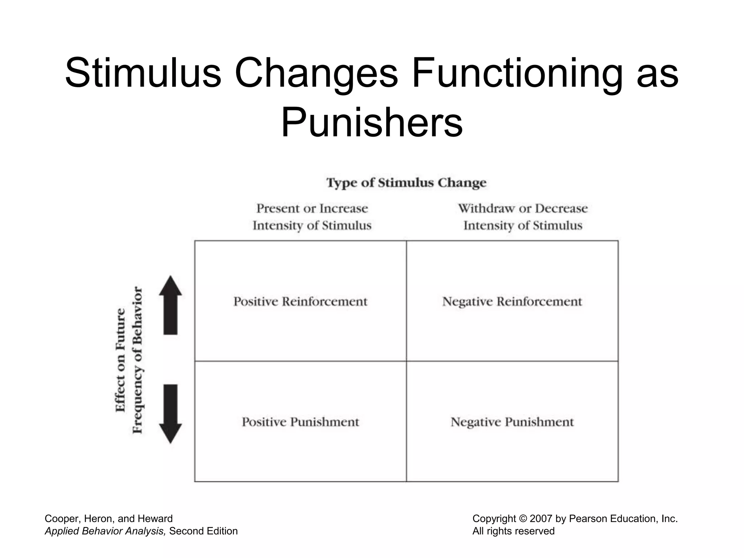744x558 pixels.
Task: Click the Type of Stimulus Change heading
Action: pyautogui.click(x=406, y=182)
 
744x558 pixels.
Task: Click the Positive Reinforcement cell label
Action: pyautogui.click(x=300, y=302)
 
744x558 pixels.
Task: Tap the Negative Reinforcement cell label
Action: pyautogui.click(x=512, y=302)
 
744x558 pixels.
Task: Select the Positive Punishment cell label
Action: pyautogui.click(x=300, y=422)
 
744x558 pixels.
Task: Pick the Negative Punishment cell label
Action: pyautogui.click(x=512, y=422)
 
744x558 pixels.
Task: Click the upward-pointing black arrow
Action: pyautogui.click(x=170, y=305)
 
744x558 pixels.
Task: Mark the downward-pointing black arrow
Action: pyautogui.click(x=170, y=414)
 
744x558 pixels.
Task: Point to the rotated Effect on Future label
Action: pyautogui.click(x=121, y=360)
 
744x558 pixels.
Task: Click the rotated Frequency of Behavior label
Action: pyautogui.click(x=137, y=360)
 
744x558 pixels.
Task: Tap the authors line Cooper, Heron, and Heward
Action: pyautogui.click(x=109, y=519)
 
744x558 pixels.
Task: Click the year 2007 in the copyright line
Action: pyautogui.click(x=541, y=519)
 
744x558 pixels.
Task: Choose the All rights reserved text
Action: pyautogui.click(x=513, y=531)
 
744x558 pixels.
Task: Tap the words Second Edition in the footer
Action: pyautogui.click(x=203, y=531)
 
